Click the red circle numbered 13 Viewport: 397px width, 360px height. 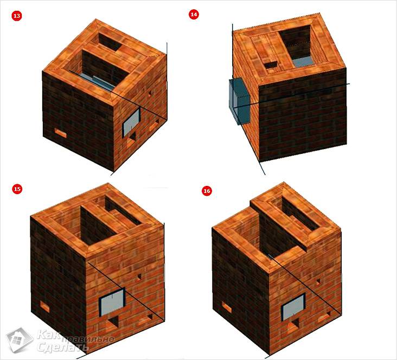17,16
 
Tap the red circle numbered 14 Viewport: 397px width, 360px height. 194,15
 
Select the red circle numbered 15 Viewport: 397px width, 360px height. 17,189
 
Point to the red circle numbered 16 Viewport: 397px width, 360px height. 207,191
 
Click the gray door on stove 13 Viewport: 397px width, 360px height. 131,123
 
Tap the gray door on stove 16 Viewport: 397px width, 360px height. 293,307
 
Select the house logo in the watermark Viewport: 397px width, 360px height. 20,340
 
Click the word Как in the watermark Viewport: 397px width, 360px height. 48,335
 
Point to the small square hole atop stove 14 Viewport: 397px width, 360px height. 271,66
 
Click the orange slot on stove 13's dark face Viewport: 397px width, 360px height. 61,133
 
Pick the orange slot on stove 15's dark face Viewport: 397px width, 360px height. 45,306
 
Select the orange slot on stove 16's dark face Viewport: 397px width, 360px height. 227,306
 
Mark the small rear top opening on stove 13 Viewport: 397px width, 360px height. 110,42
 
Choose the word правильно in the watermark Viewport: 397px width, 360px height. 86,338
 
